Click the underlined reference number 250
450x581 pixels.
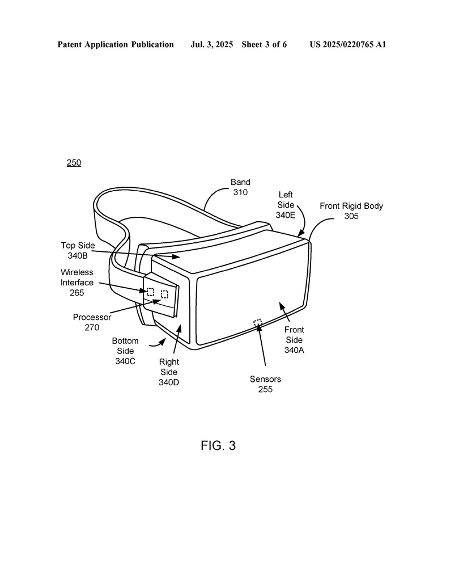pyautogui.click(x=74, y=163)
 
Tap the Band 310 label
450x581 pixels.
pyautogui.click(x=240, y=187)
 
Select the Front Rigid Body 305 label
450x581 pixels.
pyautogui.click(x=351, y=211)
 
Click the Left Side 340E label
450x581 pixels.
pyautogui.click(x=286, y=205)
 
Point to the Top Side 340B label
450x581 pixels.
pyautogui.click(x=78, y=250)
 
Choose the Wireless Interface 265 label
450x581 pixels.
pyautogui.click(x=77, y=283)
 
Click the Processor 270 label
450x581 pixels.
pyautogui.click(x=92, y=322)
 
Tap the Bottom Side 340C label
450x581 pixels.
pyautogui.click(x=125, y=351)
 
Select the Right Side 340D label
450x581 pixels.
pyautogui.click(x=169, y=372)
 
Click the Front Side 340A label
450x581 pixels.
pyautogui.click(x=294, y=340)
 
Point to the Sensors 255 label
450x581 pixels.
pyautogui.click(x=265, y=384)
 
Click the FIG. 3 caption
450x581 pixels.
pyautogui.click(x=218, y=445)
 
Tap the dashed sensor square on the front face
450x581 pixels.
pyautogui.click(x=257, y=322)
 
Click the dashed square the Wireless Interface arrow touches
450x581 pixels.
pyautogui.click(x=151, y=292)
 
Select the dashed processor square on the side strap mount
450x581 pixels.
pyautogui.click(x=164, y=294)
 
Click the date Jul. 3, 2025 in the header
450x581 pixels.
pyautogui.click(x=211, y=45)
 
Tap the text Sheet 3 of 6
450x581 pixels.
pyautogui.click(x=264, y=45)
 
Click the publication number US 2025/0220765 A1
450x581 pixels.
pyautogui.click(x=348, y=45)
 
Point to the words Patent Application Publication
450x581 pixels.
pyautogui.click(x=116, y=45)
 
